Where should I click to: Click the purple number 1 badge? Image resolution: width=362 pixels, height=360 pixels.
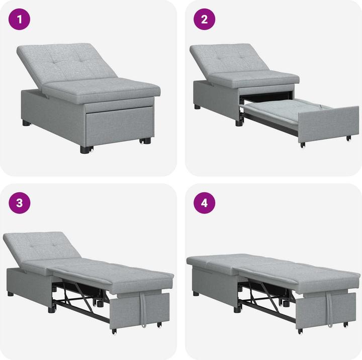pyautogui.click(x=20, y=20)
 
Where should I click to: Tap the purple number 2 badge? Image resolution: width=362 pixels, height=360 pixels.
pyautogui.click(x=205, y=20)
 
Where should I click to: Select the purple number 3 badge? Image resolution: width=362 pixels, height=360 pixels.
pyautogui.click(x=20, y=203)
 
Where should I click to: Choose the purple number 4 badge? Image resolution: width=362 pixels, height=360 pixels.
pyautogui.click(x=205, y=203)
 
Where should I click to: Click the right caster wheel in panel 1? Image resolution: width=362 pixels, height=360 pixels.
pyautogui.click(x=146, y=141)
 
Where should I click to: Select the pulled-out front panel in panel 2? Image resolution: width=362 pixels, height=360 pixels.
pyautogui.click(x=328, y=125)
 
